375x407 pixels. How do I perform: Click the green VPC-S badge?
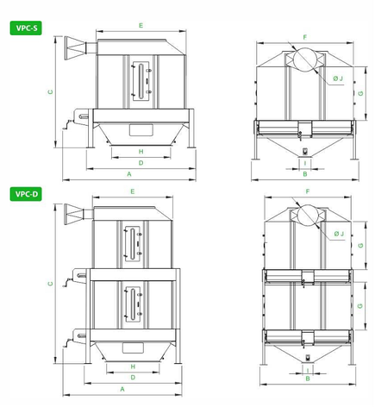click(x=26, y=28)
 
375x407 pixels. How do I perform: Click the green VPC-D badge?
click(x=26, y=194)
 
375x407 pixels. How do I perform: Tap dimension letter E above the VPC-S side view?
click(x=141, y=26)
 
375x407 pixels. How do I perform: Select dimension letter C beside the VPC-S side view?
click(x=51, y=92)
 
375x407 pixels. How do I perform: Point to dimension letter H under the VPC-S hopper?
click(x=141, y=152)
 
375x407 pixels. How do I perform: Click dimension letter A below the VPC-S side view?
click(x=129, y=174)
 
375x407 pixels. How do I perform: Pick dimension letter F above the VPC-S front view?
click(x=305, y=37)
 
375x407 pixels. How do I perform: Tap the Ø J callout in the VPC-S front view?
click(x=338, y=78)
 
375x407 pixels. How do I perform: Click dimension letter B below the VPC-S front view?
click(x=305, y=174)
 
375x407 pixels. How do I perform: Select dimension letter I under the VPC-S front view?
click(x=305, y=163)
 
